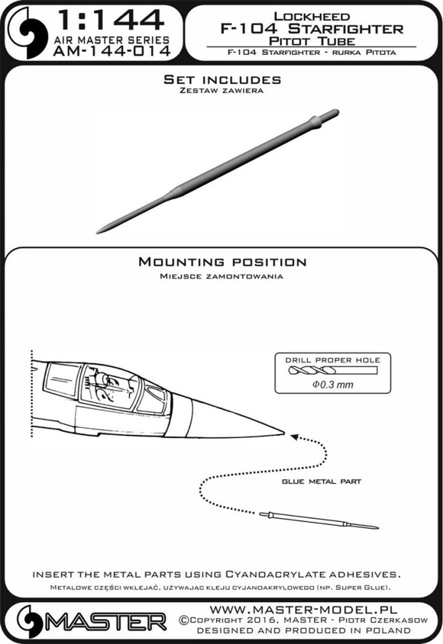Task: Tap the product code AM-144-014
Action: pyautogui.click(x=111, y=51)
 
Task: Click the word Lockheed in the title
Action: pyautogui.click(x=312, y=16)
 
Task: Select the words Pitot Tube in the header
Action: pyautogui.click(x=312, y=41)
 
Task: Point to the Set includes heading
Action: pyautogui.click(x=222, y=79)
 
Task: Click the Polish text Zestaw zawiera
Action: pyautogui.click(x=221, y=91)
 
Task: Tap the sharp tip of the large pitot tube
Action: pyautogui.click(x=97, y=233)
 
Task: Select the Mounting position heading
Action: pyautogui.click(x=222, y=262)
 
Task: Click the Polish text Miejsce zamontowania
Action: pyautogui.click(x=221, y=277)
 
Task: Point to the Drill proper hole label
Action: pyautogui.click(x=333, y=360)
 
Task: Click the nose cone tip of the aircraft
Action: pyautogui.click(x=284, y=432)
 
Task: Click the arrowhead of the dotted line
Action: pyautogui.click(x=293, y=436)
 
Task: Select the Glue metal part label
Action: pyautogui.click(x=322, y=481)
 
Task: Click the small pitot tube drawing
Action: pyautogui.click(x=319, y=521)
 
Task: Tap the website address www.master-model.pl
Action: pyautogui.click(x=303, y=610)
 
